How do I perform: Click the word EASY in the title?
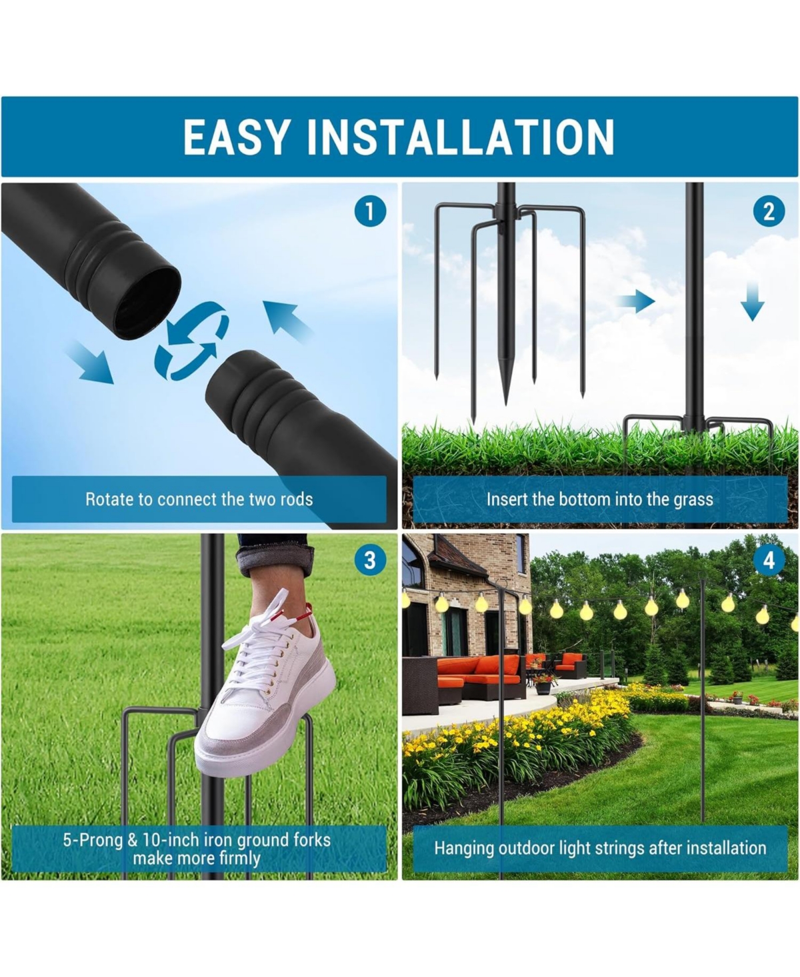tap(237, 137)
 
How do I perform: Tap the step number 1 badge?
tap(369, 212)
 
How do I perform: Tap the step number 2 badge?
tap(769, 212)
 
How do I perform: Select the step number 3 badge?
tap(369, 560)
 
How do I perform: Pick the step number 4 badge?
tap(769, 560)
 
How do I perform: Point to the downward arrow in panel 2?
tap(752, 300)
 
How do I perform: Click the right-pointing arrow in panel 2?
tap(636, 301)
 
